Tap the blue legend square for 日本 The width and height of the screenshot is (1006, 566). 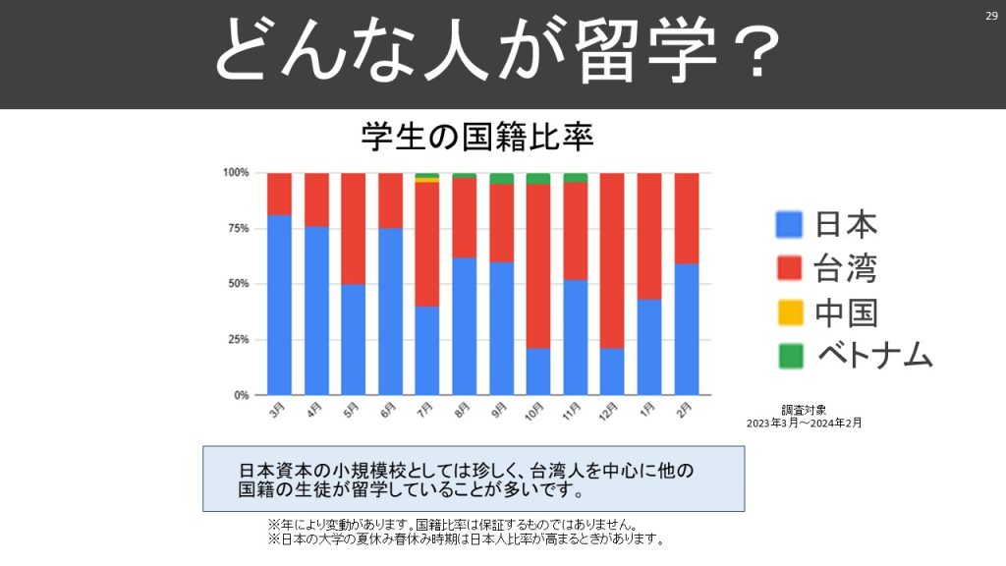pyautogui.click(x=789, y=225)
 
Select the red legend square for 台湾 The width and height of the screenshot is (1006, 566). pyautogui.click(x=789, y=268)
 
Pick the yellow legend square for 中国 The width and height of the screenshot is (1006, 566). pyautogui.click(x=789, y=312)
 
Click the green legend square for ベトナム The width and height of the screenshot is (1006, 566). pyautogui.click(x=789, y=355)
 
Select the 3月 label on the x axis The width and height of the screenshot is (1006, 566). pyautogui.click(x=278, y=411)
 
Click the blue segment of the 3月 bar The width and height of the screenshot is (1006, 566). pyautogui.click(x=279, y=305)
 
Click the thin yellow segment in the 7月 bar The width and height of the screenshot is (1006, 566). pyautogui.click(x=426, y=180)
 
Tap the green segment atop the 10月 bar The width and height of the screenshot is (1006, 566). pyautogui.click(x=537, y=178)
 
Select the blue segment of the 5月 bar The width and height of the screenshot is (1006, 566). pyautogui.click(x=353, y=339)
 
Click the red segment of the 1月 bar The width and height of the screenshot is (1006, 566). pyautogui.click(x=649, y=236)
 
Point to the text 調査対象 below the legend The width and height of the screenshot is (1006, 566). pyautogui.click(x=804, y=409)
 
